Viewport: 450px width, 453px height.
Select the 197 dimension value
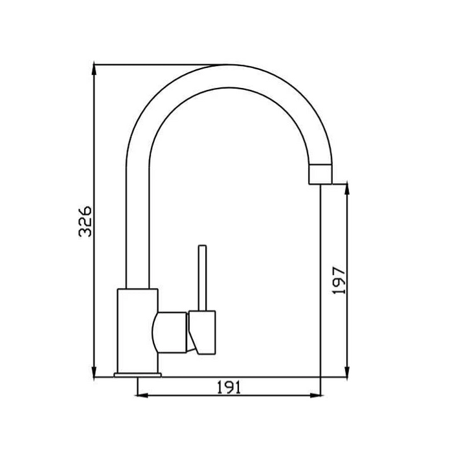click(x=339, y=280)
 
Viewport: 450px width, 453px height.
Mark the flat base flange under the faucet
click(x=137, y=375)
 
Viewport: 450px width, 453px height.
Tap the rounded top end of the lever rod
click(x=203, y=247)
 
